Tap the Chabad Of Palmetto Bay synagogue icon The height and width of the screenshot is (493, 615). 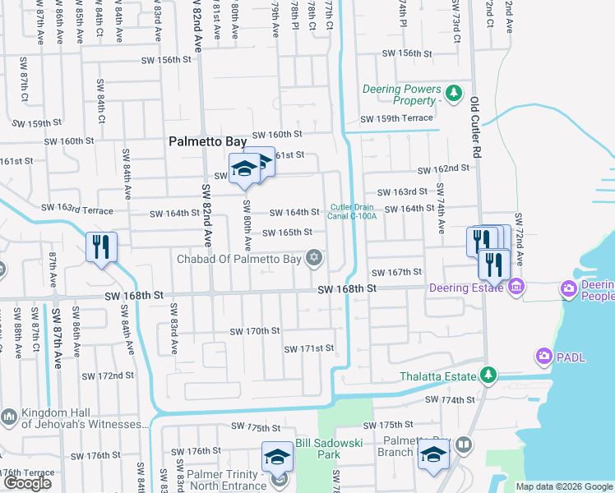pyautogui.click(x=313, y=259)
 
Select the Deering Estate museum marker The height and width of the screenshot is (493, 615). pyautogui.click(x=516, y=288)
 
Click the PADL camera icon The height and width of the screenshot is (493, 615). pyautogui.click(x=543, y=356)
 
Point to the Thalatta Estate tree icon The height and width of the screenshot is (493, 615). pyautogui.click(x=488, y=376)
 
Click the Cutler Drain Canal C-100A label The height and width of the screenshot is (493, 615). pyautogui.click(x=354, y=211)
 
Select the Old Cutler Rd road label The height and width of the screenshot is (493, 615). pyautogui.click(x=475, y=127)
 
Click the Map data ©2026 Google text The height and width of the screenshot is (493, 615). pyautogui.click(x=564, y=486)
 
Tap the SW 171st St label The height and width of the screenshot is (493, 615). pyautogui.click(x=309, y=348)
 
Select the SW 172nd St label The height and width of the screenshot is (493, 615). pyautogui.click(x=109, y=376)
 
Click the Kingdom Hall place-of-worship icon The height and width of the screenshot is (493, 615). pyautogui.click(x=9, y=417)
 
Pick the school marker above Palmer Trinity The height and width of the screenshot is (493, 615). pyautogui.click(x=278, y=457)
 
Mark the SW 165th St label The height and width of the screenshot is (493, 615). pyautogui.click(x=287, y=233)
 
